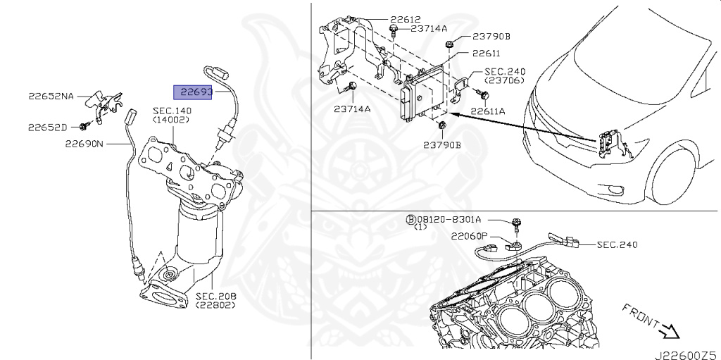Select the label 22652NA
(x=51, y=96)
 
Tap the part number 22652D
(x=48, y=127)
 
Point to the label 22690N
(x=84, y=144)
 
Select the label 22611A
(x=488, y=111)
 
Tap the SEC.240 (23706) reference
(x=505, y=72)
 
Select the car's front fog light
(x=616, y=189)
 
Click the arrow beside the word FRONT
(x=666, y=329)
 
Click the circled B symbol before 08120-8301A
(x=410, y=219)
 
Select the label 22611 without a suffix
(x=486, y=53)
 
